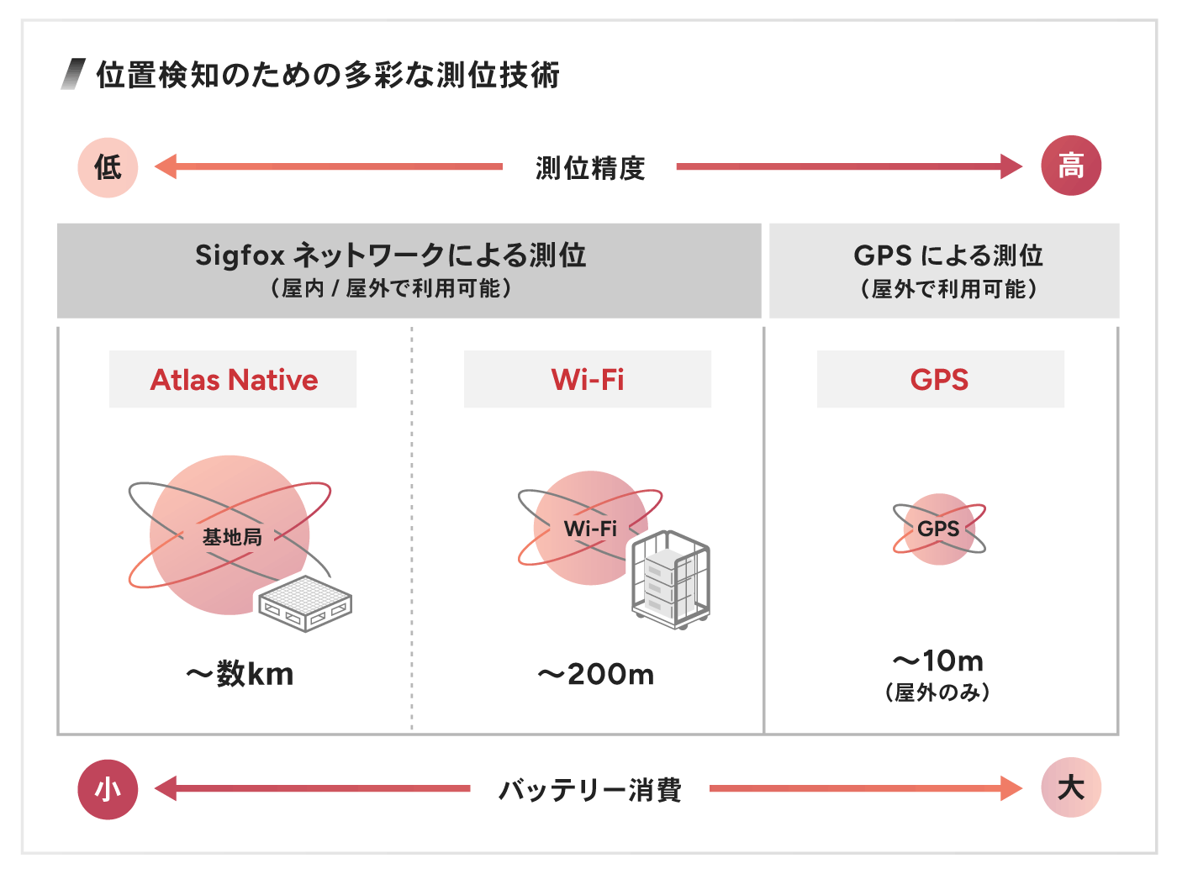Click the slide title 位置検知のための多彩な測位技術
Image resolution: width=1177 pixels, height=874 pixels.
328,75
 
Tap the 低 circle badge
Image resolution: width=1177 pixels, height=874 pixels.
108,167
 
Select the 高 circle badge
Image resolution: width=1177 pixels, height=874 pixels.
1070,166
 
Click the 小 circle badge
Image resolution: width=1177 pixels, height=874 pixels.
108,789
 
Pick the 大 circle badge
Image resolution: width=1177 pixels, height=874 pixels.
1070,788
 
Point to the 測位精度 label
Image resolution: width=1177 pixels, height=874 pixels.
590,168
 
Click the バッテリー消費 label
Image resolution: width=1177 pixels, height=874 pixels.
590,790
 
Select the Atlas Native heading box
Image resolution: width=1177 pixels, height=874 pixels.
233,380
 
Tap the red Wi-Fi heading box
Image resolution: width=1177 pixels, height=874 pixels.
588,380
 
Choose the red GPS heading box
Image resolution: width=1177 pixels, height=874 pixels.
940,380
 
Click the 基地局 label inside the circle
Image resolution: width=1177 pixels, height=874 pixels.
232,537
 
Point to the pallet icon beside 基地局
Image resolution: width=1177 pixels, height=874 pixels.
304,603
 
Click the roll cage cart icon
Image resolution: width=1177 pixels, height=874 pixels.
671,580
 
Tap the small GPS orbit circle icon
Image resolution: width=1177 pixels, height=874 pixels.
939,529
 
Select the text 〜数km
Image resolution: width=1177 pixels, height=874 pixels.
240,674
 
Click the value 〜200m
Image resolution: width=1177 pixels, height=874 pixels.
596,674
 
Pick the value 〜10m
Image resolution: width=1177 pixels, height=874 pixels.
938,661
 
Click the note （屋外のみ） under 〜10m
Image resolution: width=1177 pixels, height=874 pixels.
937,692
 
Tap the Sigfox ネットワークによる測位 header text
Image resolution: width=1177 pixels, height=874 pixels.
391,255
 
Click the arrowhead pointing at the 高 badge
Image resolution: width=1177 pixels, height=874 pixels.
1011,166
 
